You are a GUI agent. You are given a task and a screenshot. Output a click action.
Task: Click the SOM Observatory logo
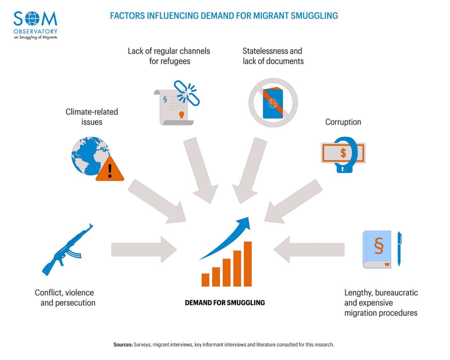[35, 25]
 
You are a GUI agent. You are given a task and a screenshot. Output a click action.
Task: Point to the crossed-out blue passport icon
[273, 103]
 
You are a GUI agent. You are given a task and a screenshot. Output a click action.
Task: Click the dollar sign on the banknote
[343, 153]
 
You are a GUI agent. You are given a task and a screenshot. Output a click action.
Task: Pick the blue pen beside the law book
[399, 249]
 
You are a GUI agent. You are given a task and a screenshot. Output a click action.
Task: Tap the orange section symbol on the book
[379, 246]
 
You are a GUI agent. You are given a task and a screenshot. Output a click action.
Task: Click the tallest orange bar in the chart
[248, 264]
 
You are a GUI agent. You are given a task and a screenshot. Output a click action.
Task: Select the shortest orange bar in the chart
[205, 280]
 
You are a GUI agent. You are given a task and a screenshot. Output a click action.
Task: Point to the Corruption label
[343, 122]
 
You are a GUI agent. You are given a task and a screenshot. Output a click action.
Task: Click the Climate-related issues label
[92, 117]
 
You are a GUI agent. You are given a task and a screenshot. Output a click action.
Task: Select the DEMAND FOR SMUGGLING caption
[225, 303]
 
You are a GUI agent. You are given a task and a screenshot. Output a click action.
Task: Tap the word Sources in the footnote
[123, 345]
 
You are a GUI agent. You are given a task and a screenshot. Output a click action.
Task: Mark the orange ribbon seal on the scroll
[181, 114]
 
